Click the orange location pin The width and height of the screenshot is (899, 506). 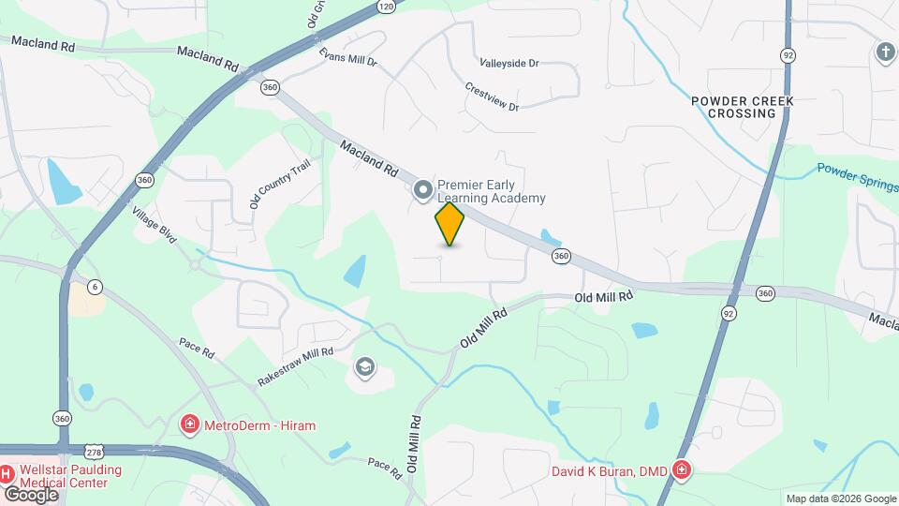coord(450,224)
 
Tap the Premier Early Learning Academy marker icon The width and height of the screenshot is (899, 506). coord(423,191)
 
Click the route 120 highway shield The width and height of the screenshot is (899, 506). coord(386,7)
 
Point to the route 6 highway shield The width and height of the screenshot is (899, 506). coord(95,286)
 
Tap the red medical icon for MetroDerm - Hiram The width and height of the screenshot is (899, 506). coord(190,425)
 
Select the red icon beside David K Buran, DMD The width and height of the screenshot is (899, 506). coord(683,470)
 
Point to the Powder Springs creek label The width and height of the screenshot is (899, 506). coord(857,177)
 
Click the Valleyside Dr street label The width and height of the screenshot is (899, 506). coord(509,64)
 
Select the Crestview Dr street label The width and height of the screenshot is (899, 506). coord(492,97)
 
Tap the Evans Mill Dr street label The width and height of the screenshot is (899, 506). coord(346,57)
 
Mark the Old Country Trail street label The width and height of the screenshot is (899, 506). coord(266,183)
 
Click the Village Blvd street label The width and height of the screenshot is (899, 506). coord(155,225)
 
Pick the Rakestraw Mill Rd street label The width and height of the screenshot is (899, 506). coord(296,366)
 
